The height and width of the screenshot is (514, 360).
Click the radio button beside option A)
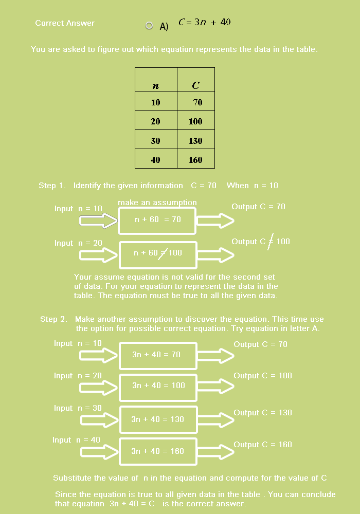click(x=149, y=26)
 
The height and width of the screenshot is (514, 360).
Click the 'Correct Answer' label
click(x=65, y=23)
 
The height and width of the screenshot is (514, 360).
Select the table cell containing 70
click(x=196, y=102)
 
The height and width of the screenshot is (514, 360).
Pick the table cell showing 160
click(x=196, y=160)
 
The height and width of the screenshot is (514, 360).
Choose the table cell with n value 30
click(x=156, y=141)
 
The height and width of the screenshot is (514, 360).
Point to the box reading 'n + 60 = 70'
click(x=158, y=219)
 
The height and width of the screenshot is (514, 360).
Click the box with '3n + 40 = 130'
click(x=158, y=419)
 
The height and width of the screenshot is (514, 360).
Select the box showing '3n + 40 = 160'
click(x=158, y=451)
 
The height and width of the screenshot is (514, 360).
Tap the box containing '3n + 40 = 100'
click(x=158, y=385)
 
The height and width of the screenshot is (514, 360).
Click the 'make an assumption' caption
click(x=157, y=203)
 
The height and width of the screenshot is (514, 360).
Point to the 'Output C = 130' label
click(x=263, y=413)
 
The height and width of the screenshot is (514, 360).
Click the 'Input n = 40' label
click(x=76, y=440)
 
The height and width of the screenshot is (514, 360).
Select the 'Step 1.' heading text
click(x=52, y=186)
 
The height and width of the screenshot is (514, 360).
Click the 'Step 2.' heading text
click(x=53, y=319)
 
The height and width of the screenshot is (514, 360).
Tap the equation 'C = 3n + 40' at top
click(x=205, y=22)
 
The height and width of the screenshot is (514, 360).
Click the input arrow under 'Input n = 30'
click(x=99, y=419)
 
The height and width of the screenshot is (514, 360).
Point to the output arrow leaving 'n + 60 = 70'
click(x=215, y=221)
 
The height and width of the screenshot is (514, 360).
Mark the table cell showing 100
click(x=196, y=122)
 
